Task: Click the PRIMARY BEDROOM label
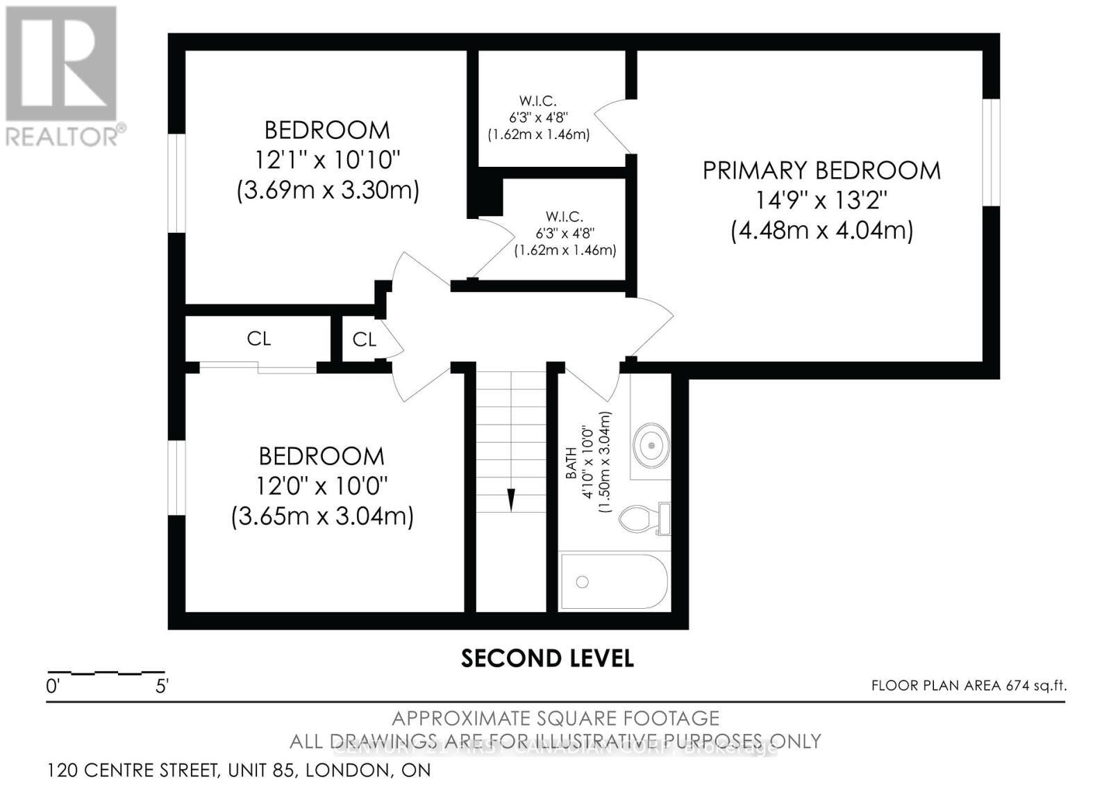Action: pos(821,170)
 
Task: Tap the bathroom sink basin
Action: pos(651,443)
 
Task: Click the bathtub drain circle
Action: pos(582,582)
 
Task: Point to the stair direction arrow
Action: pos(511,499)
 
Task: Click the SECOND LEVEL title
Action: pos(547,658)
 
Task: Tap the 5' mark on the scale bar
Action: pos(162,687)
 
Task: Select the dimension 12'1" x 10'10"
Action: pos(328,161)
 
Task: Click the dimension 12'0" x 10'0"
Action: pos(322,486)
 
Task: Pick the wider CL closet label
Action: pos(258,338)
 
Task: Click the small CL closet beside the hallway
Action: pos(364,339)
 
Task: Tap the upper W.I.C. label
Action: pos(538,101)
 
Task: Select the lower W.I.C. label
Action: pos(565,217)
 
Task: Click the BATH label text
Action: pos(571,463)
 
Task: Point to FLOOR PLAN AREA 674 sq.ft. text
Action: pos(969,685)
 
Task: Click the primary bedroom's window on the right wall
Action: pos(991,152)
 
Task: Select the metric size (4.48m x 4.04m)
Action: pos(821,230)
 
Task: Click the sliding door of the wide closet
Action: pos(258,367)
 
